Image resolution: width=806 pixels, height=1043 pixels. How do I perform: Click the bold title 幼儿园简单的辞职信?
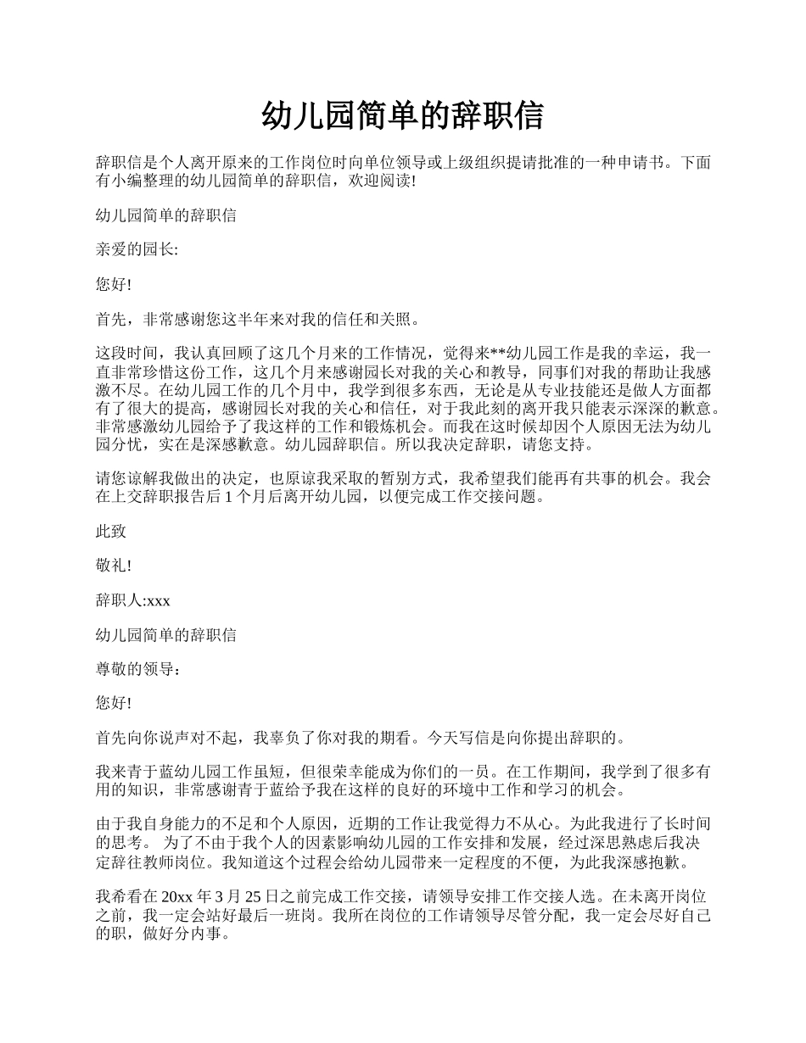click(x=403, y=116)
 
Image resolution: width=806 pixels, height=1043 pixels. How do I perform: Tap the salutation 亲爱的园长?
click(x=137, y=250)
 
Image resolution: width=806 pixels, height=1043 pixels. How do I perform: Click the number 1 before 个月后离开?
click(x=229, y=496)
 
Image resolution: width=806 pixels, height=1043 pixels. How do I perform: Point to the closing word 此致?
click(x=111, y=532)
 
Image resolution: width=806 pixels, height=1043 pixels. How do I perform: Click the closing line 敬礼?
click(x=114, y=566)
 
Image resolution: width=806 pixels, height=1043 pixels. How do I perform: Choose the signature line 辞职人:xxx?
click(x=133, y=601)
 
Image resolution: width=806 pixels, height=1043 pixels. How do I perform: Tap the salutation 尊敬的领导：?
click(x=138, y=670)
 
